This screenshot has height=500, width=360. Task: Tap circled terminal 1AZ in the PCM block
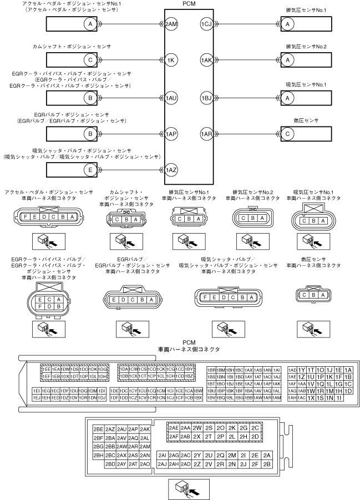coord(172,170)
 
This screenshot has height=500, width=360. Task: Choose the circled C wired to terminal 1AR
coord(286,134)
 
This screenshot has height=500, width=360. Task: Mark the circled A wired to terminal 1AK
coord(286,60)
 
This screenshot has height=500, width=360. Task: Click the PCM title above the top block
coord(188,5)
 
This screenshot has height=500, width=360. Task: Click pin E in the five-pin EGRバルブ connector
coord(114,300)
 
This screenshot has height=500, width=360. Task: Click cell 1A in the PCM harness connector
coord(348,370)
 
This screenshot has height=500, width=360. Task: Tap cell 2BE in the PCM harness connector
coord(99,429)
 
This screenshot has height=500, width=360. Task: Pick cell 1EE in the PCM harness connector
coord(46,369)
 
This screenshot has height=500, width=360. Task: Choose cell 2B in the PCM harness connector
coord(267,464)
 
